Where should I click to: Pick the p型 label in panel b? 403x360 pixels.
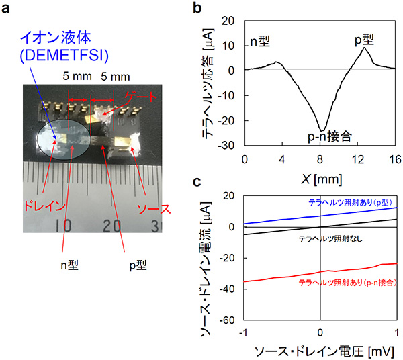[365, 39]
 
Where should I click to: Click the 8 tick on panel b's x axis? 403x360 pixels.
[320, 161]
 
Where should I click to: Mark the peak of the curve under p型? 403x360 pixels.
[364, 47]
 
